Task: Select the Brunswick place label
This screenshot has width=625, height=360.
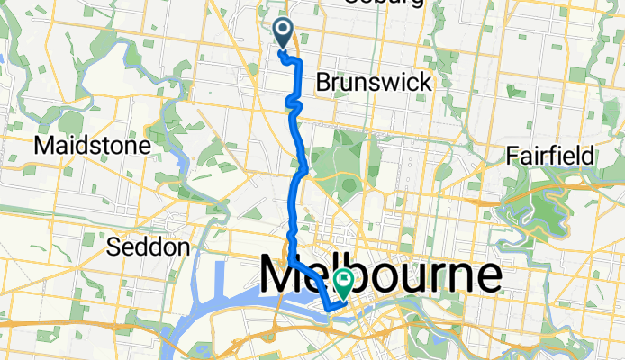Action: pos(374,83)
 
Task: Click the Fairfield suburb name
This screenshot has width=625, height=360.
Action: pos(550,156)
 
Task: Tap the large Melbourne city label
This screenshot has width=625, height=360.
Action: pos(382,274)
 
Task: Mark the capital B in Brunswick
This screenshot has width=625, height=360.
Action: pos(323,83)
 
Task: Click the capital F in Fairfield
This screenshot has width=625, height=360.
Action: pos(512,156)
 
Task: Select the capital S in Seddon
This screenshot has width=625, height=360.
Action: pos(112,247)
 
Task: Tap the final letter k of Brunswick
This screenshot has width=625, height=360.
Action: pos(425,83)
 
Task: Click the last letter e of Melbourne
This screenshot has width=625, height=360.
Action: pos(491,277)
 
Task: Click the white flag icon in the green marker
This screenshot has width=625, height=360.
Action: pos(344,282)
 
